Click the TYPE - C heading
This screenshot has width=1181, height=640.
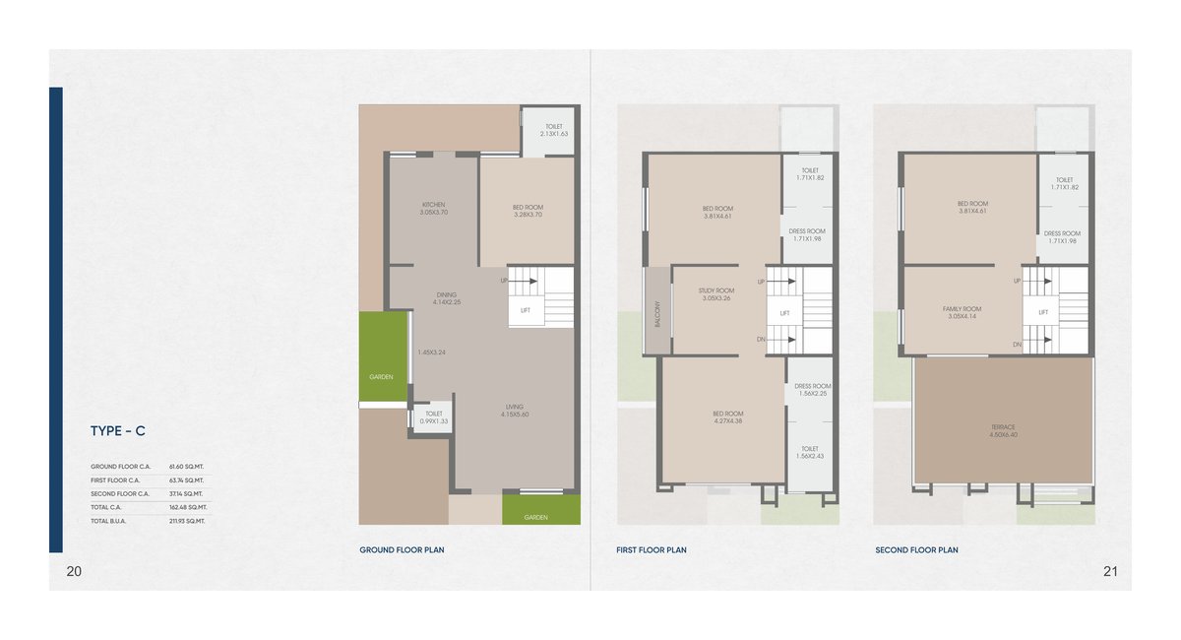tap(118, 430)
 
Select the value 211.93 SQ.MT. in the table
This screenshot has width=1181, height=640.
tap(186, 521)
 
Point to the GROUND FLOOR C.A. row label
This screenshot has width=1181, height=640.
tap(120, 466)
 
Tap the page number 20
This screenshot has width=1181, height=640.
tap(74, 571)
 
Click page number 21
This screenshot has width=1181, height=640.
tap(1110, 571)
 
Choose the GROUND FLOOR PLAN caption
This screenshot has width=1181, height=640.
tap(402, 550)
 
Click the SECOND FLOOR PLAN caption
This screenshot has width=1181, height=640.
tap(916, 550)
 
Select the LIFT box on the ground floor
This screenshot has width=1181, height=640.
tap(526, 311)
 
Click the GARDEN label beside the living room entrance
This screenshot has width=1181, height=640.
tap(535, 517)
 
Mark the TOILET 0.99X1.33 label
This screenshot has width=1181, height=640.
tap(434, 417)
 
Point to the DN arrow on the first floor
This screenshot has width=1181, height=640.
tap(761, 340)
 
